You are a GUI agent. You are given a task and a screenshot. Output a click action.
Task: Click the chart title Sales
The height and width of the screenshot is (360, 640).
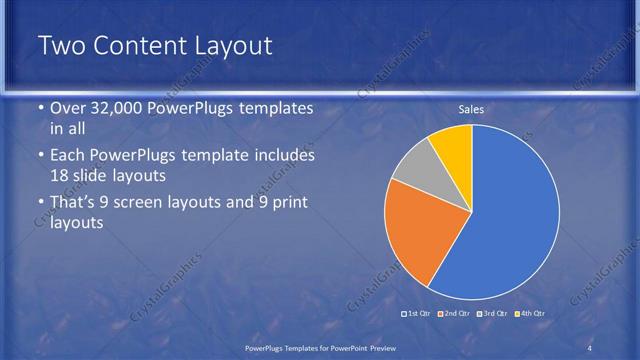pyautogui.click(x=473, y=109)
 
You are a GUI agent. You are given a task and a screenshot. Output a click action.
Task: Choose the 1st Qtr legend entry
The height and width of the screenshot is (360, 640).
pyautogui.click(x=418, y=313)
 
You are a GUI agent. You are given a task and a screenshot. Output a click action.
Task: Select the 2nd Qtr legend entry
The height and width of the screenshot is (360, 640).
pyautogui.click(x=456, y=313)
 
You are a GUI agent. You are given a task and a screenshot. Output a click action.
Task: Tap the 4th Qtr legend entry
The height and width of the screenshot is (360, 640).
pyautogui.click(x=531, y=313)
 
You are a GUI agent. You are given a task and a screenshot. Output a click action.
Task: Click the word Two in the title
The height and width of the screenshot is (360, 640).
pyautogui.click(x=63, y=46)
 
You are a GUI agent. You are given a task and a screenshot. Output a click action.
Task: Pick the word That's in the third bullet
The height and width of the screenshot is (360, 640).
pyautogui.click(x=77, y=203)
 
